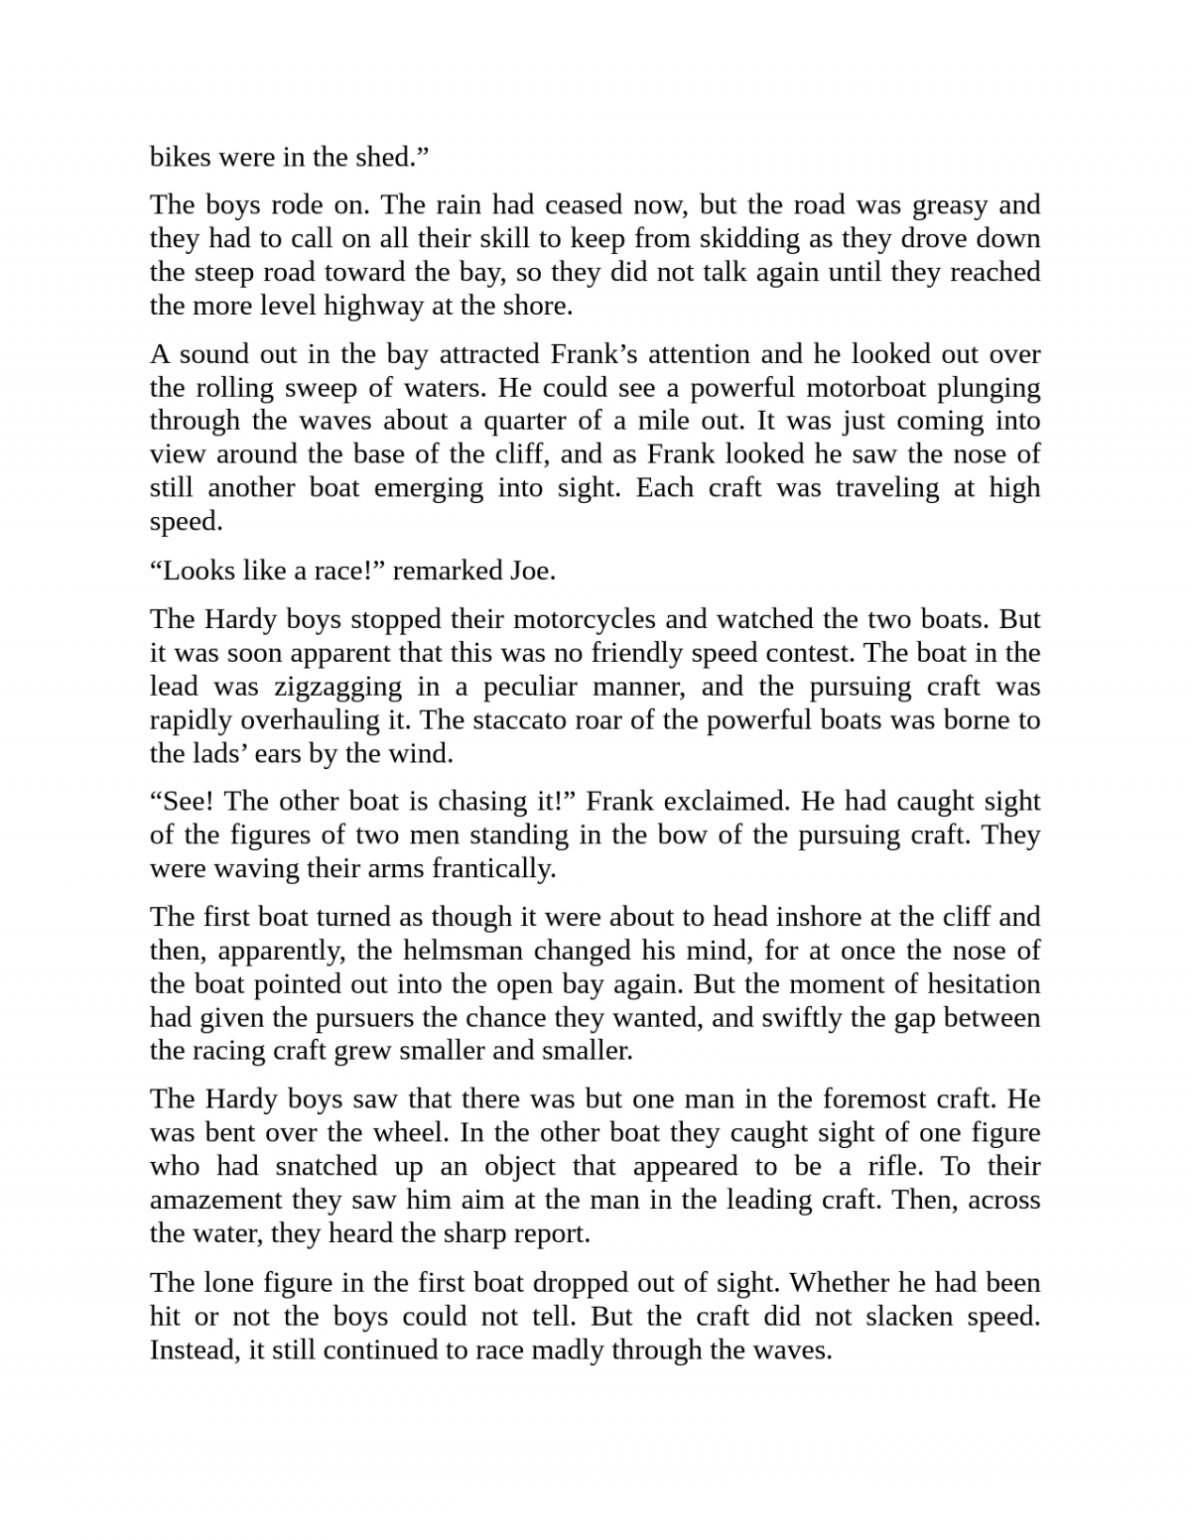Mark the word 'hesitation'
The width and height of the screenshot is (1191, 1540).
982,984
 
